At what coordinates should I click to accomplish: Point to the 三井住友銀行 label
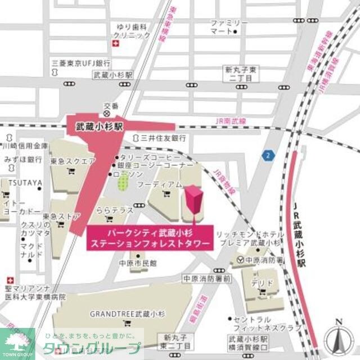pyautogui.click(x=163, y=137)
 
